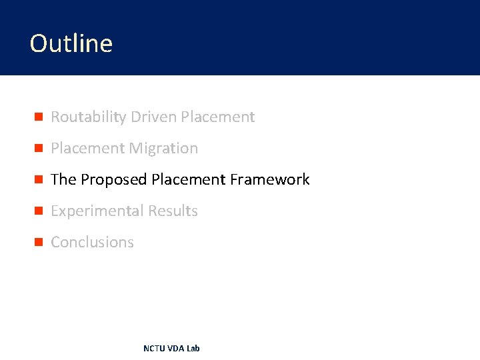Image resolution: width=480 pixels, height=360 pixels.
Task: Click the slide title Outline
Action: (71, 43)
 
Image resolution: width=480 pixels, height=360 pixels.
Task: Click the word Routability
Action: (89, 117)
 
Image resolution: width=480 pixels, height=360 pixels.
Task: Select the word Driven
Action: (153, 117)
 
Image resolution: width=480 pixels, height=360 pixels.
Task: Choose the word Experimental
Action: (97, 211)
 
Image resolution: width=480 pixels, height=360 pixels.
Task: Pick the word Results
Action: (173, 211)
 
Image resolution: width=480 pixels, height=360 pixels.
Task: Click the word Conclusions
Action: (92, 243)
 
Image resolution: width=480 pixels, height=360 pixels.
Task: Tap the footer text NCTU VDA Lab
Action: (171, 349)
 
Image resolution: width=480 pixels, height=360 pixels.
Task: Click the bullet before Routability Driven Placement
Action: (39, 117)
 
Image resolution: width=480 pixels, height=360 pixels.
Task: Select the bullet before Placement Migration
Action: (39, 149)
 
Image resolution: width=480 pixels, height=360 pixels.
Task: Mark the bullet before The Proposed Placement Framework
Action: (39, 180)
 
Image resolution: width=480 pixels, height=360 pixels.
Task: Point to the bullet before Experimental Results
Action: (39, 211)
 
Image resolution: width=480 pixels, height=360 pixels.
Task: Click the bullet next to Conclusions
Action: (39, 243)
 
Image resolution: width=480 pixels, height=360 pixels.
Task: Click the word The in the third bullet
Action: (63, 180)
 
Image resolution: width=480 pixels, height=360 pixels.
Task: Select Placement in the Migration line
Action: (88, 149)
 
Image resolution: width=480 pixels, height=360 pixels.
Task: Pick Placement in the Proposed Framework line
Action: (189, 180)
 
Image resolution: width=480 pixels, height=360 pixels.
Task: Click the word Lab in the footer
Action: (193, 349)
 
